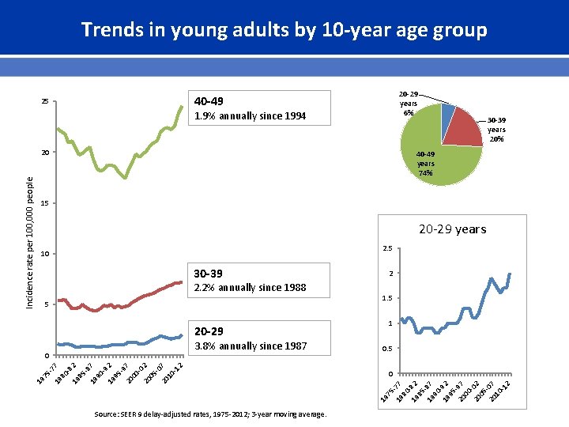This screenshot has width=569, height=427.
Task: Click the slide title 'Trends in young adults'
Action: coord(284,30)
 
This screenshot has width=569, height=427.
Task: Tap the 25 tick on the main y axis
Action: coord(45,102)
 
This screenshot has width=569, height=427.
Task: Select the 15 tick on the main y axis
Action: coord(45,204)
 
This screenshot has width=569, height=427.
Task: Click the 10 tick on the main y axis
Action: coord(45,255)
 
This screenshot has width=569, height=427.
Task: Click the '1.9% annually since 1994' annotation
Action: coord(250,116)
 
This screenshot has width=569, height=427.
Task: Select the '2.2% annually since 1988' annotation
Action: coord(250,288)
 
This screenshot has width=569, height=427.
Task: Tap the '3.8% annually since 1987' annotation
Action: coord(250,346)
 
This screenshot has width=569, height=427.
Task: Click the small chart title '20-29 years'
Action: coord(452,229)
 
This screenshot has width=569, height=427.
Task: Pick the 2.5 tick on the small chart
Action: coord(386,249)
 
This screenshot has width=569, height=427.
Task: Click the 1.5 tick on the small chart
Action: coord(386,299)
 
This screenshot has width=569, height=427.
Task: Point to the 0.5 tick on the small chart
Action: coord(386,349)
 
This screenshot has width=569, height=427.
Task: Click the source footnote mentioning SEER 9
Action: coord(209,414)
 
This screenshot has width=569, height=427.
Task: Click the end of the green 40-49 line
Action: coord(182,106)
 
